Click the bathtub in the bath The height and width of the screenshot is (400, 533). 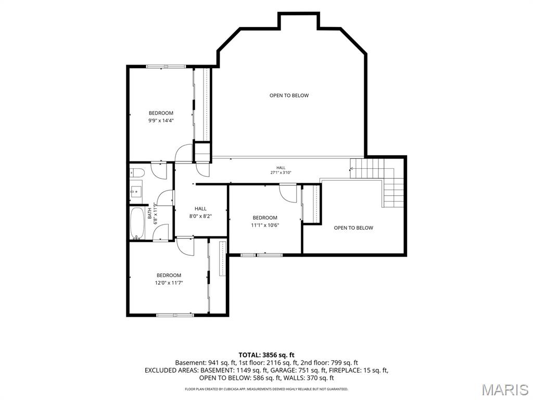tap(137, 223)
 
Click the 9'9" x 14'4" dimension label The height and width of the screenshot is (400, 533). tap(161, 120)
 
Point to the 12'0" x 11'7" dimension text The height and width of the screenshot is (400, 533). tap(169, 283)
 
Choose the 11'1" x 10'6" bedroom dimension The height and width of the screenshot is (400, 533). tap(265, 225)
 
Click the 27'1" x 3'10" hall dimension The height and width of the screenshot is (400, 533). tap(281, 172)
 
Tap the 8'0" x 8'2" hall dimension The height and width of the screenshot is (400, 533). tap(200, 216)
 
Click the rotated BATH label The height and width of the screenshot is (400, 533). tap(150, 214)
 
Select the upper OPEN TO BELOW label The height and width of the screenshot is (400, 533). tap(289, 96)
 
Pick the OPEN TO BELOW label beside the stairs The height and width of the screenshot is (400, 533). tap(353, 228)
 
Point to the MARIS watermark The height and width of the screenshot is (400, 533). tap(505, 390)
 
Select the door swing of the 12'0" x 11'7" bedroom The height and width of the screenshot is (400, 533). tap(186, 246)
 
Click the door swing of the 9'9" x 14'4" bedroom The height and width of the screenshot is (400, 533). tap(184, 153)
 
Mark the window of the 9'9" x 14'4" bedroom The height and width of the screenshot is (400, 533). tap(166, 66)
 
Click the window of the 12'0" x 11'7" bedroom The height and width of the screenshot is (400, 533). tap(175, 315)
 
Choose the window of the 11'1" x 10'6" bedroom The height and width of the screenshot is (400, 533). tap(261, 255)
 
